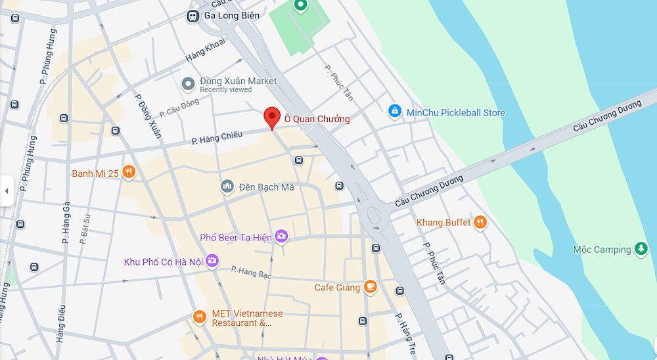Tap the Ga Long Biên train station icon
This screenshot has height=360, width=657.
tap(193, 16)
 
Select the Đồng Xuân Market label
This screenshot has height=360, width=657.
tap(238, 81)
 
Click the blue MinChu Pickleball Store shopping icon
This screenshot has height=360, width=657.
tap(394, 112)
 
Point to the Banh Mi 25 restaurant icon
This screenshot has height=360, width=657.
tap(128, 173)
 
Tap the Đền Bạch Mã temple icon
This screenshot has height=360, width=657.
tap(227, 187)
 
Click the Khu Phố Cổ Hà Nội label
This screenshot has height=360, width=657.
tap(164, 262)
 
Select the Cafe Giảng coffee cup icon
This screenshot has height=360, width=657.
tap(371, 287)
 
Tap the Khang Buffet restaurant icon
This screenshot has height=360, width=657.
tap(480, 223)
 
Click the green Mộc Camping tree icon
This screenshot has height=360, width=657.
tap(641, 250)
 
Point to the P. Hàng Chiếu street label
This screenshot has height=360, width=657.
tap(217, 137)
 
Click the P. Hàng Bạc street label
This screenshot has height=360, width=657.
tap(250, 271)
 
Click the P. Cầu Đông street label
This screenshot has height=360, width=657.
tap(179, 108)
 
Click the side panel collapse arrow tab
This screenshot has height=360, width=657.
tap(7, 191)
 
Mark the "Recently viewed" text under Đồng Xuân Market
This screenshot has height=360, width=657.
tap(226, 90)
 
